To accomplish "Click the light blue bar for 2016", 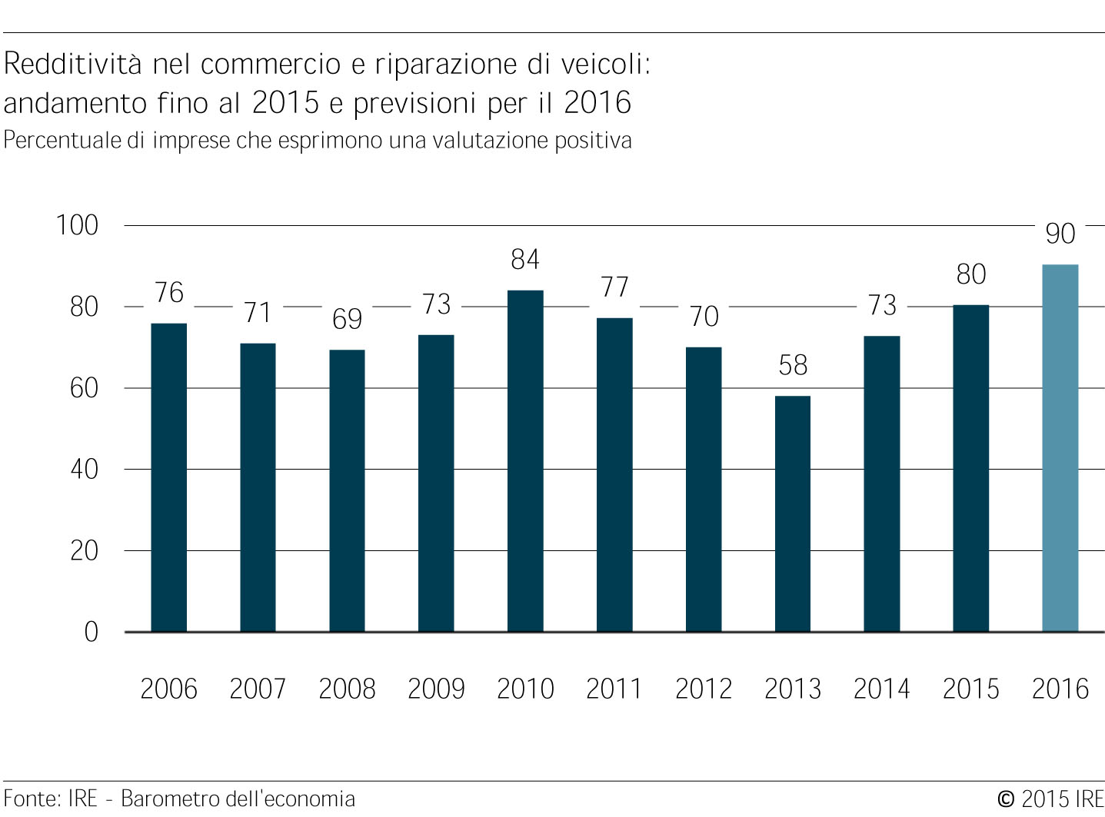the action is pyautogui.click(x=1060, y=448).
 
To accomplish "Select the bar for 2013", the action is pyautogui.click(x=793, y=514).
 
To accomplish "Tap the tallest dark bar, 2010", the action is pyautogui.click(x=525, y=461).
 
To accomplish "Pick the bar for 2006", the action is pyautogui.click(x=169, y=478).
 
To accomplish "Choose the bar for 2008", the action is pyautogui.click(x=347, y=491).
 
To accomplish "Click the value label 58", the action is pyautogui.click(x=793, y=365).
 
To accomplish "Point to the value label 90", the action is pyautogui.click(x=1060, y=233).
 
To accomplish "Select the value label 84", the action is pyautogui.click(x=525, y=260).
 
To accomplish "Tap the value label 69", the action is pyautogui.click(x=347, y=319).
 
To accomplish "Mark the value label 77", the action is pyautogui.click(x=614, y=287).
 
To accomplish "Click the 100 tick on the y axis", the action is pyautogui.click(x=77, y=225).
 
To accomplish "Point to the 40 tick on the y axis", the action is pyautogui.click(x=84, y=470).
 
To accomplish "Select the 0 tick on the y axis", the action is pyautogui.click(x=92, y=633).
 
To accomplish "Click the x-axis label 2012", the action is pyautogui.click(x=704, y=689).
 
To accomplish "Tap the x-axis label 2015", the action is pyautogui.click(x=971, y=689).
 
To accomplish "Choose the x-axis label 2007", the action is pyautogui.click(x=258, y=689).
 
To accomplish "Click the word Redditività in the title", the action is pyautogui.click(x=73, y=64).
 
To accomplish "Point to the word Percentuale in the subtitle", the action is pyautogui.click(x=62, y=140).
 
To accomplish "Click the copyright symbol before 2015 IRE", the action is pyautogui.click(x=1006, y=799).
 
